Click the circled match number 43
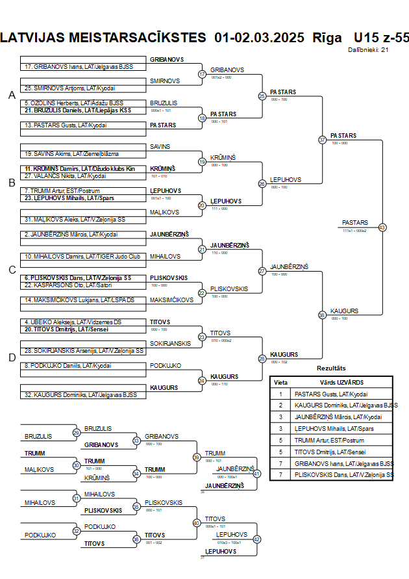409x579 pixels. pyautogui.click(x=382, y=227)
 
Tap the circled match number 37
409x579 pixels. pyautogui.click(x=322, y=140)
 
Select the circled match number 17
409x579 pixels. pyautogui.click(x=202, y=74)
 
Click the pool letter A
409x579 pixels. pyautogui.click(x=12, y=96)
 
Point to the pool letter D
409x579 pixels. pyautogui.click(x=12, y=357)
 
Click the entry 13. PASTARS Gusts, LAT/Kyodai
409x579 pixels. pyautogui.click(x=66, y=125)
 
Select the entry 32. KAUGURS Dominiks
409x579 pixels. pyautogui.click(x=81, y=394)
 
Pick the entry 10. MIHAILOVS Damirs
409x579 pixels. pyautogui.click(x=82, y=256)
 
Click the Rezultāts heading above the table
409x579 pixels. pyautogui.click(x=331, y=368)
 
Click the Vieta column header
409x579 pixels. pyautogui.click(x=280, y=382)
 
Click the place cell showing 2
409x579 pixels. pyautogui.click(x=280, y=405)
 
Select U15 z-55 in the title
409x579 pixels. pyautogui.click(x=382, y=37)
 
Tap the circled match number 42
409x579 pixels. pyautogui.click(x=256, y=539)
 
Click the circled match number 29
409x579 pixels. pyautogui.click(x=77, y=433)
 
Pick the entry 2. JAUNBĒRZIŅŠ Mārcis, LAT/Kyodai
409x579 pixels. pyautogui.click(x=71, y=234)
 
